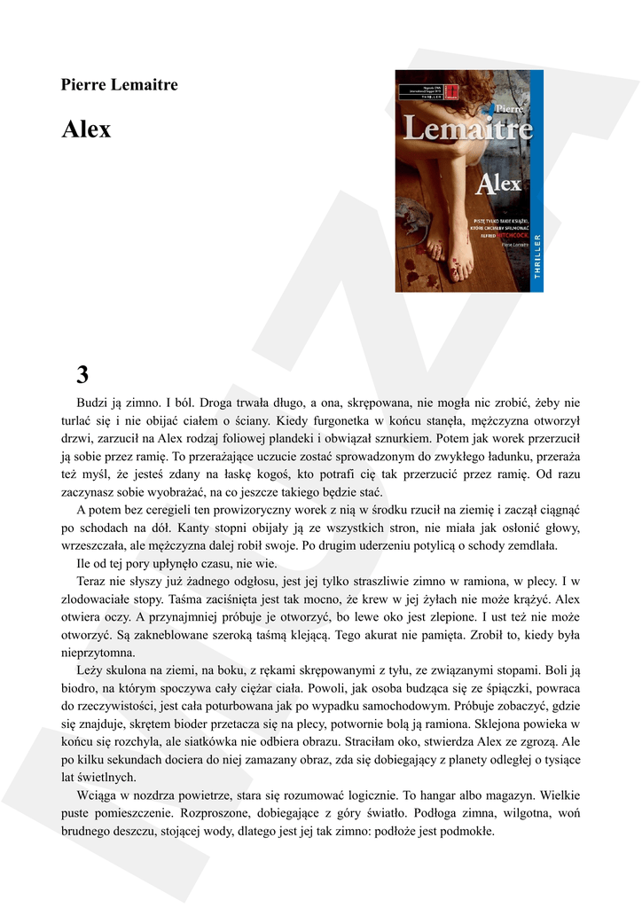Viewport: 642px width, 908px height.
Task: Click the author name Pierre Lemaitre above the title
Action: click(119, 85)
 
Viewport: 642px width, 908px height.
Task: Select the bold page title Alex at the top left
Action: click(86, 129)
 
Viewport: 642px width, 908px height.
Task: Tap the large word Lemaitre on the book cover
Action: click(468, 130)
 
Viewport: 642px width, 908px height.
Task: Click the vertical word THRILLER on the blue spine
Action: click(536, 256)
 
